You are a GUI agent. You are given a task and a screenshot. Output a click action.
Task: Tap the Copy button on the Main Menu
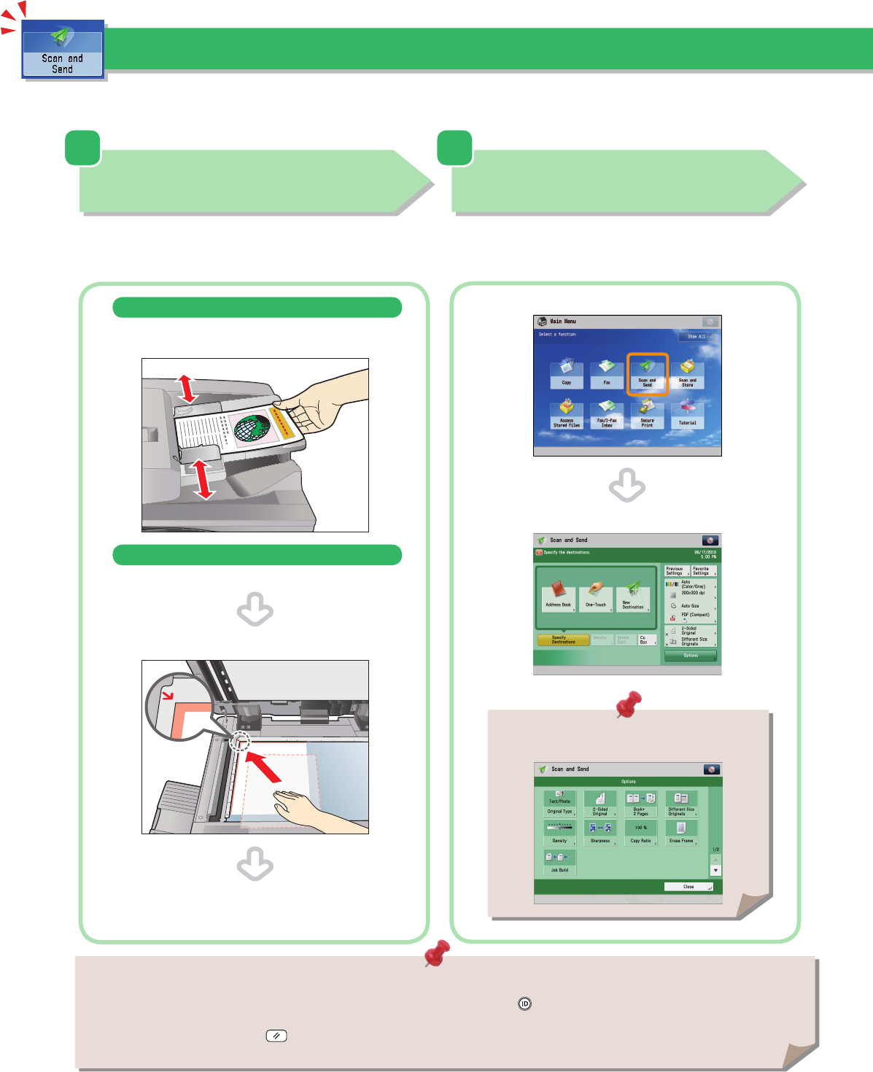click(x=567, y=374)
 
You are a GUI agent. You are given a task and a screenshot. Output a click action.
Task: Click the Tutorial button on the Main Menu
click(x=688, y=414)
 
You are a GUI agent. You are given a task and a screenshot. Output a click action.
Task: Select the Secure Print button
click(x=647, y=414)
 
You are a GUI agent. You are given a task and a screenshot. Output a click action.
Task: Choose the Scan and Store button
click(x=688, y=374)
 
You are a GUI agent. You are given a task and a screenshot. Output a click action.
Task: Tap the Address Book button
click(x=559, y=599)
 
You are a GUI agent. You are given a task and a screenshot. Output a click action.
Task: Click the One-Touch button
click(x=596, y=599)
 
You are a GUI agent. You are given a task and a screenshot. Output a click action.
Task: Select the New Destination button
click(x=633, y=599)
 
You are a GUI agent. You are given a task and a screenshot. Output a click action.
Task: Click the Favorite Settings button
click(x=703, y=571)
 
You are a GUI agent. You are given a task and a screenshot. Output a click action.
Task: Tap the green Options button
click(x=690, y=656)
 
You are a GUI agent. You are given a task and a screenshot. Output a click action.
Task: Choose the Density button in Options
click(x=559, y=832)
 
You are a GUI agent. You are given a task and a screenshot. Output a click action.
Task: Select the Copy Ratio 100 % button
click(x=640, y=832)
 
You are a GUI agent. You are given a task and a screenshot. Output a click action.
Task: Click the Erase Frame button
click(x=681, y=832)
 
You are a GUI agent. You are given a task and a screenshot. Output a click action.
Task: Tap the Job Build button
click(x=559, y=862)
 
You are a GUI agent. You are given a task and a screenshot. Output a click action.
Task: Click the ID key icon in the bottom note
click(x=524, y=1004)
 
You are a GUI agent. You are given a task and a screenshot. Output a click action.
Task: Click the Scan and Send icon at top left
click(x=63, y=50)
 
